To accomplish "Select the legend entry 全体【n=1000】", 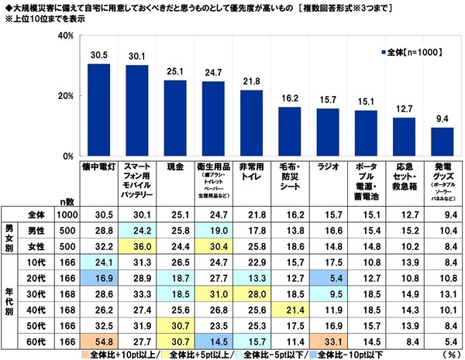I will (415, 53).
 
